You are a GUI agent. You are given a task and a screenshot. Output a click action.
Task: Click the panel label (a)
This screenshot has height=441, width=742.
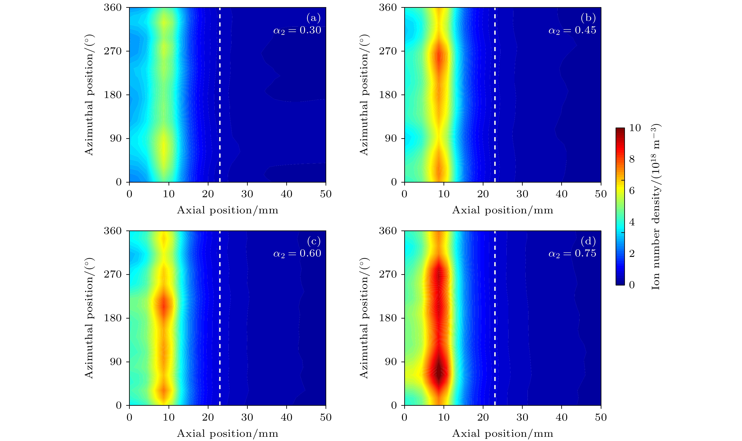pyautogui.click(x=313, y=18)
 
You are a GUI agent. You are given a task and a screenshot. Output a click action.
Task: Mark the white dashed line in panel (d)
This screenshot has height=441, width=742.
pyautogui.click(x=495, y=318)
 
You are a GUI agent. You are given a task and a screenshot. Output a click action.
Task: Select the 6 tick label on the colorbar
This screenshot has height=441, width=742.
pyautogui.click(x=632, y=191)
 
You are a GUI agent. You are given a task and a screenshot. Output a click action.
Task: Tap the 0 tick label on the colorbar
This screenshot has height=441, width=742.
pyautogui.click(x=632, y=285)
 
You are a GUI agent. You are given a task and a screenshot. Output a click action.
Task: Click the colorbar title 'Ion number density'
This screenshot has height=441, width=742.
pyautogui.click(x=655, y=207)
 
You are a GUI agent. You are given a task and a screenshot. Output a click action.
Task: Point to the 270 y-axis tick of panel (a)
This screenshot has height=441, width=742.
pyautogui.click(x=113, y=51)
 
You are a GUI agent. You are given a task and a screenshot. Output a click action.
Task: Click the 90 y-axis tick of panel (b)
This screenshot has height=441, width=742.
pyautogui.click(x=391, y=138)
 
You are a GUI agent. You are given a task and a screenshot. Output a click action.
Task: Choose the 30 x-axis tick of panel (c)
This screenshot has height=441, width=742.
pyautogui.click(x=247, y=417)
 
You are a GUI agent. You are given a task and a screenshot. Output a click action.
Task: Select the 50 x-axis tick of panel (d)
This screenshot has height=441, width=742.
pyautogui.click(x=601, y=417)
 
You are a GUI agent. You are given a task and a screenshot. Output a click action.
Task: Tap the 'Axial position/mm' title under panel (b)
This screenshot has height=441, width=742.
pyautogui.click(x=503, y=210)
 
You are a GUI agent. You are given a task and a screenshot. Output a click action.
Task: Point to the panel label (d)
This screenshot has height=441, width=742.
pyautogui.click(x=588, y=241)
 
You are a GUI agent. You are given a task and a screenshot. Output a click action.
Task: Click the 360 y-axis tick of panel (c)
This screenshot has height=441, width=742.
pyautogui.click(x=113, y=231)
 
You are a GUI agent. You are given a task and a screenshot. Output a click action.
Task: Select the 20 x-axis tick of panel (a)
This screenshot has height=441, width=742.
pyautogui.click(x=208, y=194)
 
